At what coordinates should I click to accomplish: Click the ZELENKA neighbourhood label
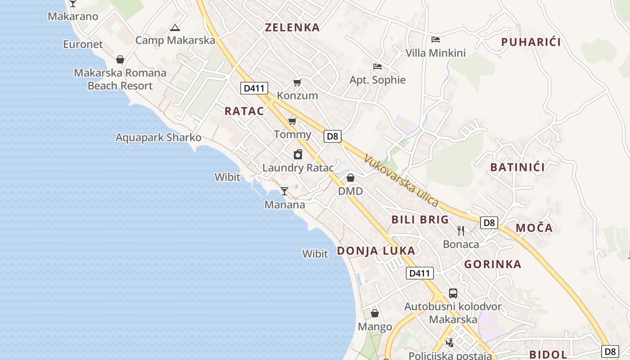pyautogui.click(x=292, y=27)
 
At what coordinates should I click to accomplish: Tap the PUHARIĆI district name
pyautogui.click(x=531, y=42)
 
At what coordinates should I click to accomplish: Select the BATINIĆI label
pyautogui.click(x=517, y=167)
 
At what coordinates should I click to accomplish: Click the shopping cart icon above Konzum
pyautogui.click(x=297, y=82)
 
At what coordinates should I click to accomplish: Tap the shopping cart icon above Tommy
pyautogui.click(x=292, y=121)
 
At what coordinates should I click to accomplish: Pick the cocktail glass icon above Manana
pyautogui.click(x=284, y=191)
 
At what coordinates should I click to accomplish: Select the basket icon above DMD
pyautogui.click(x=351, y=178)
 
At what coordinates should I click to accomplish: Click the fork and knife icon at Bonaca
pyautogui.click(x=461, y=231)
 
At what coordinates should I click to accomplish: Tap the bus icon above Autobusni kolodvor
pyautogui.click(x=453, y=293)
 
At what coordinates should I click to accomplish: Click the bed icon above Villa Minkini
pyautogui.click(x=435, y=40)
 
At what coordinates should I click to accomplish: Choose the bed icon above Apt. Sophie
pyautogui.click(x=378, y=67)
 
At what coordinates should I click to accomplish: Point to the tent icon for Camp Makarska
pyautogui.click(x=175, y=27)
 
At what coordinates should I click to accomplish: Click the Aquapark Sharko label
pyautogui.click(x=158, y=138)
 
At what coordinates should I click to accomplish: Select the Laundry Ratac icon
pyautogui.click(x=298, y=155)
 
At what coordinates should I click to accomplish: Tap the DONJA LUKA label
pyautogui.click(x=376, y=251)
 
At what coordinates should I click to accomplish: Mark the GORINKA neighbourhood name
pyautogui.click(x=493, y=265)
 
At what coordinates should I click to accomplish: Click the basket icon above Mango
pyautogui.click(x=375, y=313)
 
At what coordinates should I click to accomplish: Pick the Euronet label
pyautogui.click(x=83, y=45)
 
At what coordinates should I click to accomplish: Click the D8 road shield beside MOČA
pyautogui.click(x=489, y=222)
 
